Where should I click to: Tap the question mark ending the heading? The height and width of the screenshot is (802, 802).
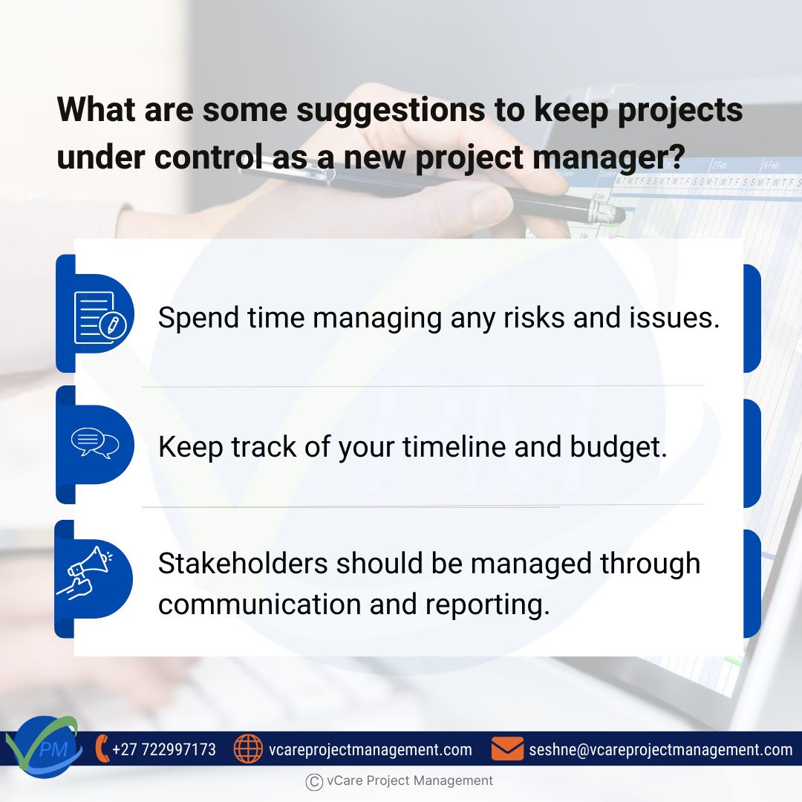674,157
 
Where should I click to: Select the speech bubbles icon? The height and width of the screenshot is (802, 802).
94,444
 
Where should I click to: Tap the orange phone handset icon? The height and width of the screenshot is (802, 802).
102,749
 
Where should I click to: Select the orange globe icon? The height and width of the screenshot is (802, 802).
248,749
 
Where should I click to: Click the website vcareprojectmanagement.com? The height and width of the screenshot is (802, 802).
370,749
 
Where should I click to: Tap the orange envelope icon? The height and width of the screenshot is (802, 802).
507,749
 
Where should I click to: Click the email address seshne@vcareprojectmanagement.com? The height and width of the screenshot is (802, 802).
660,749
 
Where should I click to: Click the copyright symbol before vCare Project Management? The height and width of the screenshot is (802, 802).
313,781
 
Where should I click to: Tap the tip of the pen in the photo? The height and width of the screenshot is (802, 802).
622,215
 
